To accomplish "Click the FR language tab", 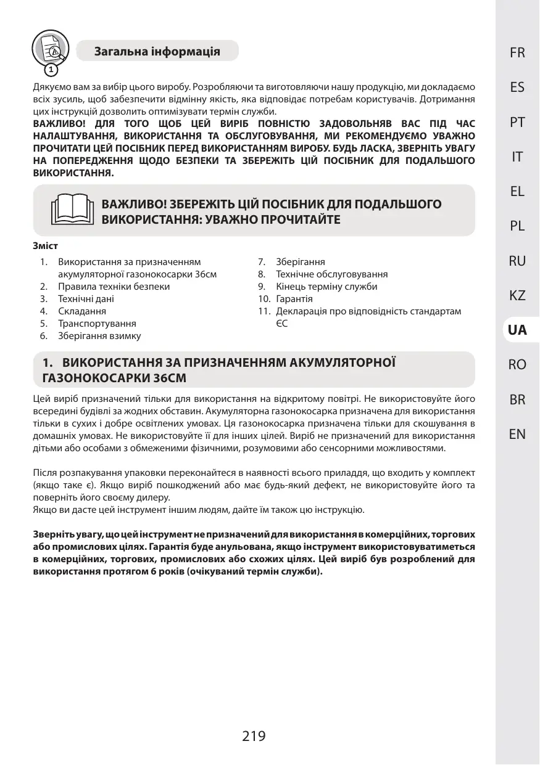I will click(517, 53).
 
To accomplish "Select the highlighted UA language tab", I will click(517, 330).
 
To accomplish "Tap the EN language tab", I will click(517, 434).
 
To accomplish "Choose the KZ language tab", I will click(517, 295).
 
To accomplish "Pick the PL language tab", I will click(517, 226).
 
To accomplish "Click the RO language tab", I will click(517, 365).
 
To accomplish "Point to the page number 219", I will click(254, 735).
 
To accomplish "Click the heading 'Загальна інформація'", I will click(157, 51).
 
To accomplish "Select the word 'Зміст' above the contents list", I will click(44, 245).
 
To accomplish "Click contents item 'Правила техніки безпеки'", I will click(114, 287).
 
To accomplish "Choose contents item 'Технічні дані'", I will click(86, 299).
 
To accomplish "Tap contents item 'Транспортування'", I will click(97, 324).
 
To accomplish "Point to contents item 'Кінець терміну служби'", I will click(326, 287).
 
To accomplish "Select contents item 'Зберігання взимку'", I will click(99, 336).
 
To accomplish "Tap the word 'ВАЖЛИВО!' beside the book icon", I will click(130, 204).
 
